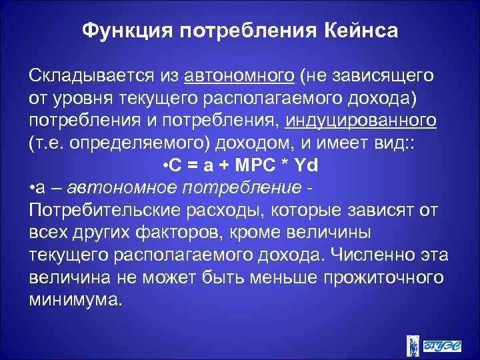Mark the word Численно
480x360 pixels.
(x=374, y=256)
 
